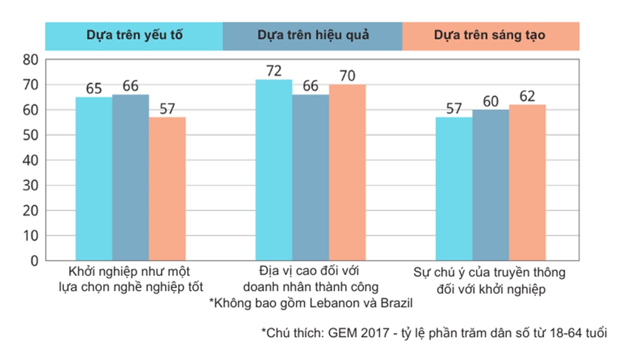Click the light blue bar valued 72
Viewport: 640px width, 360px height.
coord(273,170)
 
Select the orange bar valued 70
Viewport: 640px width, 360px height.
coord(347,172)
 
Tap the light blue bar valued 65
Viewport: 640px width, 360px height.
coord(93,178)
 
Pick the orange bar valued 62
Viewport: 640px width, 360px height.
coord(527,182)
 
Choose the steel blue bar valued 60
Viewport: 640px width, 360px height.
coord(490,185)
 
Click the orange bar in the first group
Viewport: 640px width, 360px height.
coord(167,189)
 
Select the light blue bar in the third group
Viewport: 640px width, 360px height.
coord(453,189)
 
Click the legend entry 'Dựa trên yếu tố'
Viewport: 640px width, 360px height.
coord(134,35)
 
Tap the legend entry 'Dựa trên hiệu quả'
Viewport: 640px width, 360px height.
coord(313,35)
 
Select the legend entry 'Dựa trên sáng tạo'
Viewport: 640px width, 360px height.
coord(489,35)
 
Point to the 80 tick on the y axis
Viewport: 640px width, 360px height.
coord(30,60)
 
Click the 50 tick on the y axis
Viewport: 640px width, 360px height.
coord(30,135)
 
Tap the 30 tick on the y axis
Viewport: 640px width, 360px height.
coord(30,185)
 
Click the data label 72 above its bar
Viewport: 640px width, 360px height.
coord(273,71)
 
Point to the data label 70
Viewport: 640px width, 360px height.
coord(347,76)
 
